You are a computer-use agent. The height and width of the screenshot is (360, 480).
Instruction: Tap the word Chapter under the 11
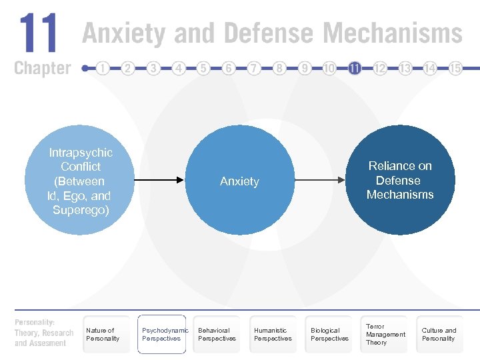[42, 68]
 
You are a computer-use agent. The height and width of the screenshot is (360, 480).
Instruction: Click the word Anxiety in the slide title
[125, 33]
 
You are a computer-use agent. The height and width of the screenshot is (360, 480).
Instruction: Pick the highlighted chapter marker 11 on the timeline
[355, 68]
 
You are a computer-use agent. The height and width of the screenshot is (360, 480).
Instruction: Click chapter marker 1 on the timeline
[103, 68]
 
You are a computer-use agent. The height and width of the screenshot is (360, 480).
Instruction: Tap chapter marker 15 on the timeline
[455, 68]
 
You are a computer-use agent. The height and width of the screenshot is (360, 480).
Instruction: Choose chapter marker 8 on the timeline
[279, 68]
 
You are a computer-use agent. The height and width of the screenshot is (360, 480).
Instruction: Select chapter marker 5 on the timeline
[203, 68]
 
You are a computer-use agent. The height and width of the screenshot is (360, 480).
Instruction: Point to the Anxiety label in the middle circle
[239, 181]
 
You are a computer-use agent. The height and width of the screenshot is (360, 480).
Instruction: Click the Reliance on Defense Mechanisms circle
[400, 180]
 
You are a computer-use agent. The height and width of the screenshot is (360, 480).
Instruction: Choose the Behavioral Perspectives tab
[217, 334]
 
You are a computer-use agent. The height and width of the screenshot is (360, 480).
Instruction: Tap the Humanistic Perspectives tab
[273, 334]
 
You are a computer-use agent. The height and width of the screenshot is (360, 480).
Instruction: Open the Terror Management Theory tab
[385, 334]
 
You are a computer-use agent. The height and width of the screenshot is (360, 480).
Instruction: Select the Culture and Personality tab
[440, 334]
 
